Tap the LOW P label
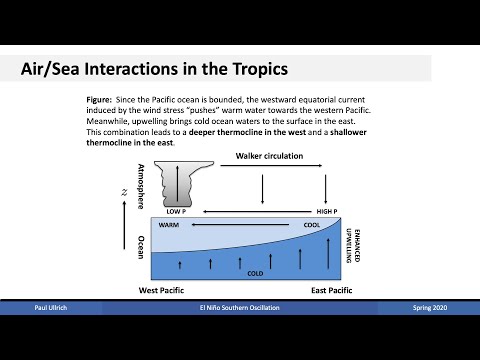pyautogui.click(x=177, y=212)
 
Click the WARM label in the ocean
pyautogui.click(x=168, y=226)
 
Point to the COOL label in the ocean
pyautogui.click(x=311, y=226)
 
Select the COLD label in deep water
pyautogui.click(x=255, y=271)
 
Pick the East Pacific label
pyautogui.click(x=332, y=290)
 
